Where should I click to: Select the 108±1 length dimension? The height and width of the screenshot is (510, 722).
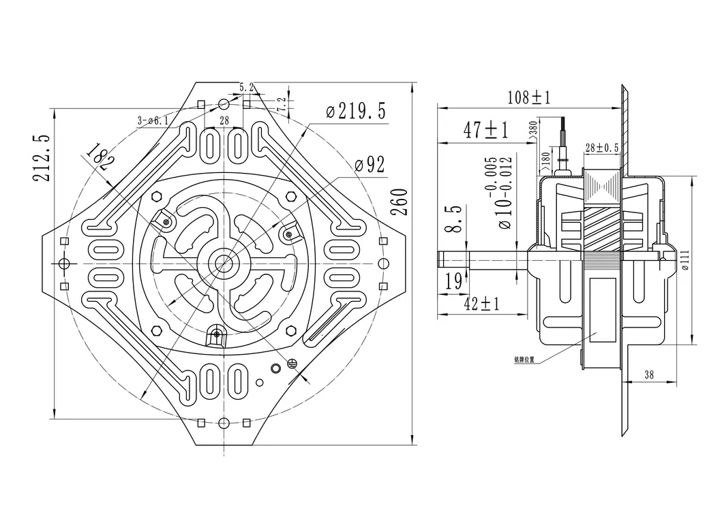pyautogui.click(x=528, y=97)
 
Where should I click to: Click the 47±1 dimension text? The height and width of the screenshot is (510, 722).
pyautogui.click(x=486, y=129)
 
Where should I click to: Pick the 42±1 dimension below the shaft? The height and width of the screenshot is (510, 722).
pyautogui.click(x=481, y=304)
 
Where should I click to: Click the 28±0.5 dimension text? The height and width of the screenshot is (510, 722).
pyautogui.click(x=601, y=148)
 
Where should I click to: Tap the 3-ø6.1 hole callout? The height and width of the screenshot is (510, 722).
pyautogui.click(x=153, y=121)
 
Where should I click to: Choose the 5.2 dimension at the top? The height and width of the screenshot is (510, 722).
pyautogui.click(x=246, y=87)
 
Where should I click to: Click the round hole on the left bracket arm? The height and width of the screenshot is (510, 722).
pyautogui.click(x=64, y=263)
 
